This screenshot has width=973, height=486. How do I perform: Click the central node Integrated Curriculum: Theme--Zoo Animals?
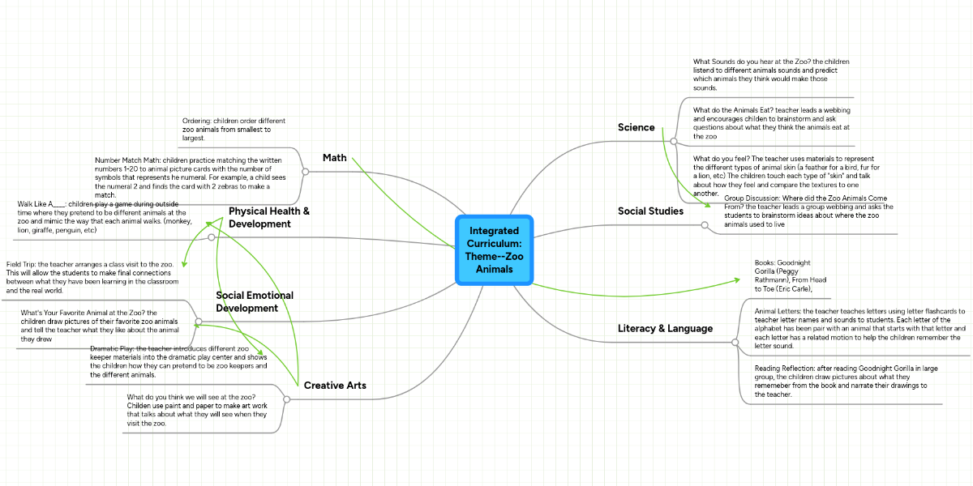tap(494, 249)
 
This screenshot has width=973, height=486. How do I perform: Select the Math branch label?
tap(334, 157)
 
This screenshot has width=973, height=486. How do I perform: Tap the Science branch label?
tap(636, 127)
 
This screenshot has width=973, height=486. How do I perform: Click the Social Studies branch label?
tap(650, 211)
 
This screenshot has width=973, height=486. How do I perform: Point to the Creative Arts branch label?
tap(334, 385)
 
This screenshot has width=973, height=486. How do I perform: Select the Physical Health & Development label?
tap(258, 217)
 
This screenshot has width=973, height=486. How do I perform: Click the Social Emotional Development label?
tap(255, 301)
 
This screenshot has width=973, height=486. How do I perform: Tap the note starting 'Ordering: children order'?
tap(234, 130)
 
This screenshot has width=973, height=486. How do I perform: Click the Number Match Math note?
tap(191, 177)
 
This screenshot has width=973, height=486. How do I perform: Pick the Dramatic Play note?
tap(178, 361)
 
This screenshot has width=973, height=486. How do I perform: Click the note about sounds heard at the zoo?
tap(770, 75)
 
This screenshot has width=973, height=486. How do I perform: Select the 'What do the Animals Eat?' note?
tap(771, 123)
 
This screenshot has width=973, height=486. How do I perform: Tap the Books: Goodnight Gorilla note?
tap(783, 275)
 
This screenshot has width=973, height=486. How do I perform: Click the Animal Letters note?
tap(859, 328)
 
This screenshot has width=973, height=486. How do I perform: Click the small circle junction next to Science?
tap(674, 140)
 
